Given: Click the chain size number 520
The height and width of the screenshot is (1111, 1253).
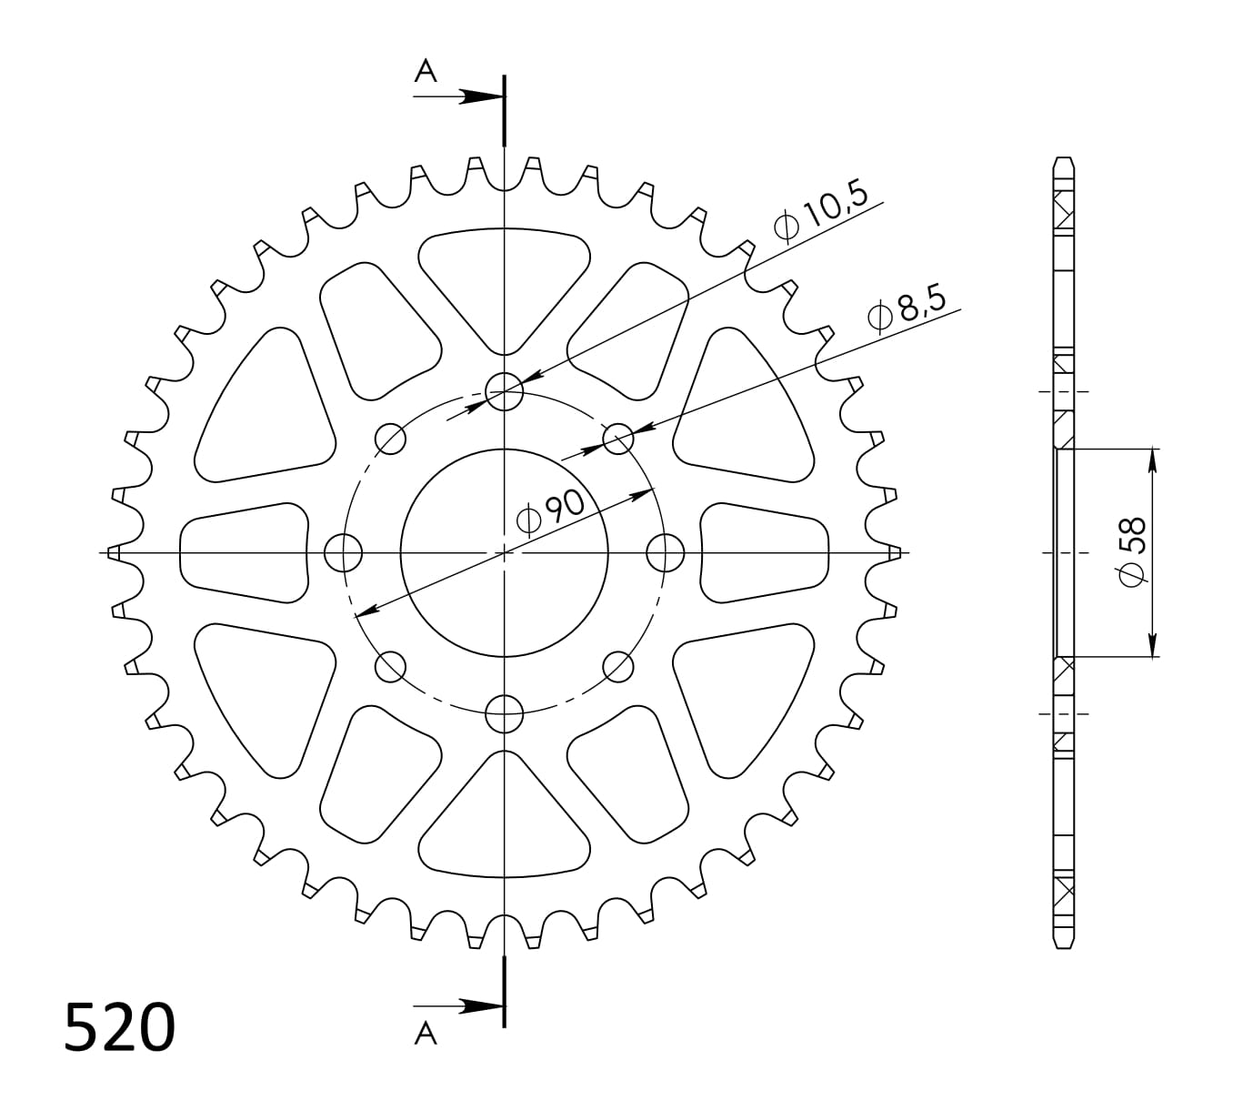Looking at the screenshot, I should pos(119,1028).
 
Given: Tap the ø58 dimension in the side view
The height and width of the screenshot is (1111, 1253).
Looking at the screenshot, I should pos(1133,552).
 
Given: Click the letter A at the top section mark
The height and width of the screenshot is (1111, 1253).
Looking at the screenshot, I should pos(425,71).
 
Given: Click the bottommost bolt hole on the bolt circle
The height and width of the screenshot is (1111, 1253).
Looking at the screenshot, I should pos(505,713).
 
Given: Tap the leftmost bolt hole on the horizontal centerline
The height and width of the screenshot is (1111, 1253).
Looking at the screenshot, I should pos(344,552).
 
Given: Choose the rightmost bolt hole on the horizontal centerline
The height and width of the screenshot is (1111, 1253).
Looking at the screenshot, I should pos(666,552).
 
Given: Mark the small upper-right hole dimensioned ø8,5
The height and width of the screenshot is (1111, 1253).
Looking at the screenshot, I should pos(618,439).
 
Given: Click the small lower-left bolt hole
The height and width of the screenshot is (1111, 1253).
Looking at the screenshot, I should pos(391,666).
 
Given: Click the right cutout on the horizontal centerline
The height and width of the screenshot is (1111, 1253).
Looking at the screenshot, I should pos(765,552).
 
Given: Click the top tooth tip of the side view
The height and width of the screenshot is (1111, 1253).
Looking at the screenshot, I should pos(1063,161).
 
